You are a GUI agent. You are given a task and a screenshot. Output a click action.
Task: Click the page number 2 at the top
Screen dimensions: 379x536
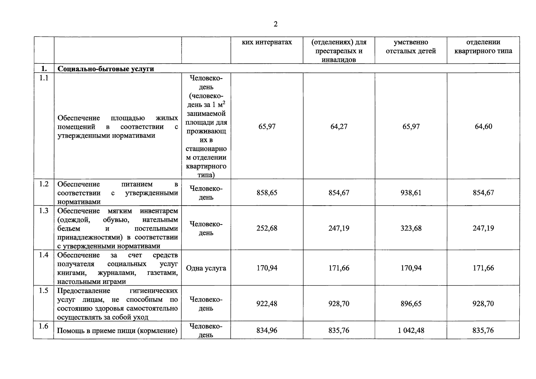275,24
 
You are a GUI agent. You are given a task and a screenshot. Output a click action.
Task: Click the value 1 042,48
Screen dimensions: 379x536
411,330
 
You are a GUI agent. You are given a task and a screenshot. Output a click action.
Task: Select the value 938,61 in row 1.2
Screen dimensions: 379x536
411,193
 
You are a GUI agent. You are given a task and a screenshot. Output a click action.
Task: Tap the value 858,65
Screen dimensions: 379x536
267,193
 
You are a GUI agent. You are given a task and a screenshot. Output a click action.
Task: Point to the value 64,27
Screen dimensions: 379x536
339,126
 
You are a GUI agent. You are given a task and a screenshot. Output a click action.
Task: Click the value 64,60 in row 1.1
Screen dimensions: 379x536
483,126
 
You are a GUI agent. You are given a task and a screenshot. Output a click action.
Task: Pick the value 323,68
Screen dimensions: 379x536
411,228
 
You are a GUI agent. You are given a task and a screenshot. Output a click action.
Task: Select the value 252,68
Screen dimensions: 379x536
267,228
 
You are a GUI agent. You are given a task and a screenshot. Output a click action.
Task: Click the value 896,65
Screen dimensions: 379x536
411,304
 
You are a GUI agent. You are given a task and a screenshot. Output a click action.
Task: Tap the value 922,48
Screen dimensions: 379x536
267,304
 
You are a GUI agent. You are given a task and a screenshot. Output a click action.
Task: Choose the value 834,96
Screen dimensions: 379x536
267,330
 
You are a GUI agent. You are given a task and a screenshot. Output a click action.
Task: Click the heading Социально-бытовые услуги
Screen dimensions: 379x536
106,69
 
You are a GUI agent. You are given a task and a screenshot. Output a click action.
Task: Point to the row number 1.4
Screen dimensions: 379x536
44,255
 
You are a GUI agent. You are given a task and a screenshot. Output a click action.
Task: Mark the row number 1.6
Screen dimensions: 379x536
44,326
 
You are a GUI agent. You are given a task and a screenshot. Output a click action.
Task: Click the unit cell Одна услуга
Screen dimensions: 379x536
206,268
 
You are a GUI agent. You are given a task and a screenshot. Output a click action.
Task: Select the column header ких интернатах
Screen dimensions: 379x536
267,42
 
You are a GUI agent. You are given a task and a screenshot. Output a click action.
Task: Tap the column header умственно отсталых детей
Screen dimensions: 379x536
411,47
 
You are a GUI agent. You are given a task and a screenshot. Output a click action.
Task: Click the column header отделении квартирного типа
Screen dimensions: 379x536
483,47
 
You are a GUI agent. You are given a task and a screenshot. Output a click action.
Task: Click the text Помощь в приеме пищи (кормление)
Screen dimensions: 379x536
117,331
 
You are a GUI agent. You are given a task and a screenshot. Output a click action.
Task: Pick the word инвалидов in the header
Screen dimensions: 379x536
339,60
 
